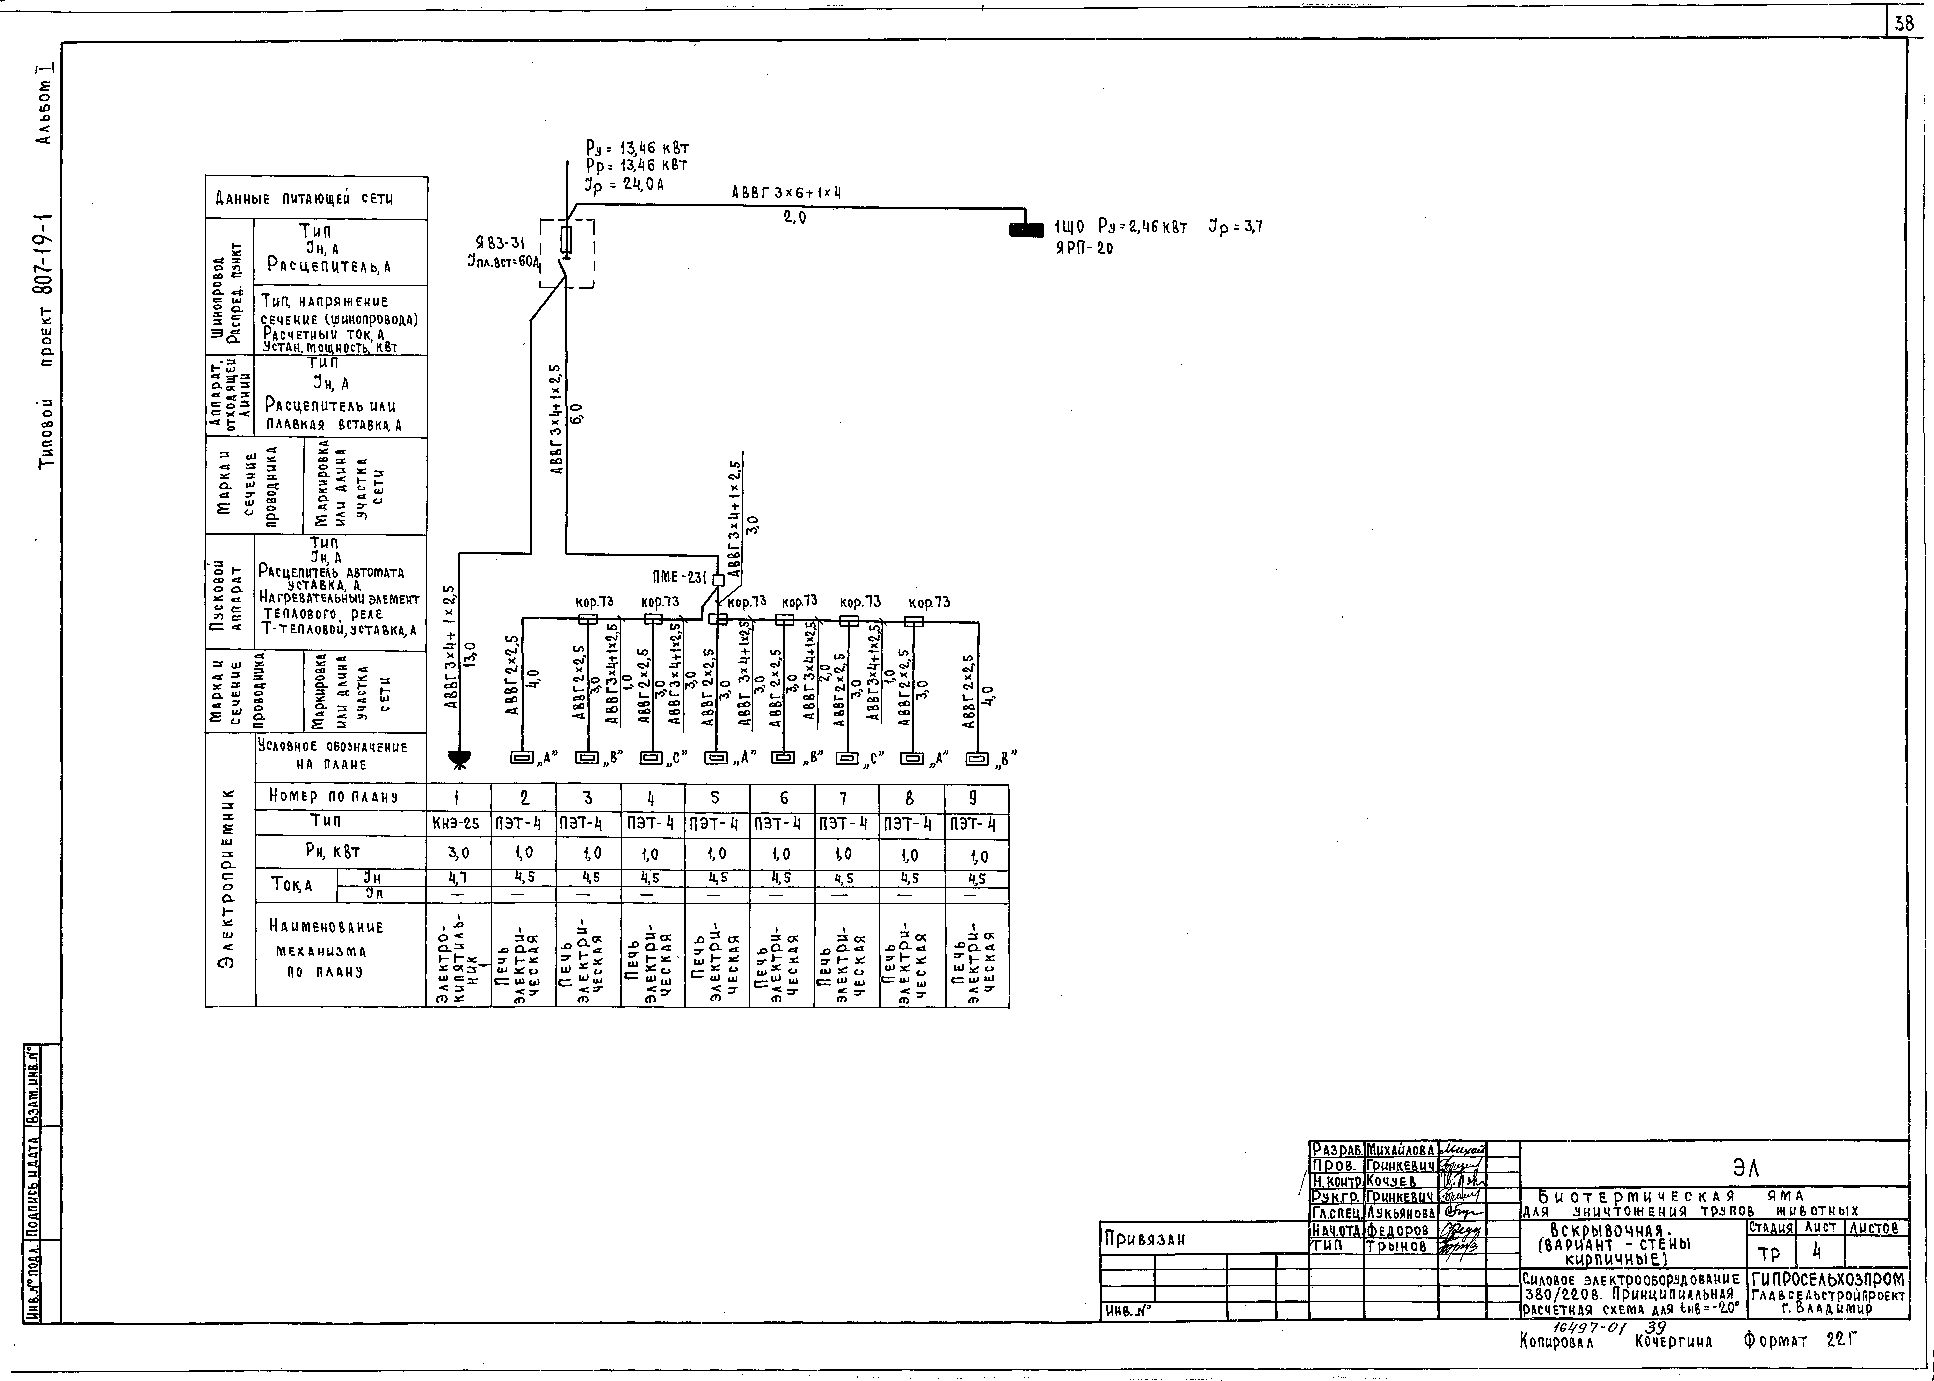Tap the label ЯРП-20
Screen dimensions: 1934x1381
coord(1083,248)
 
